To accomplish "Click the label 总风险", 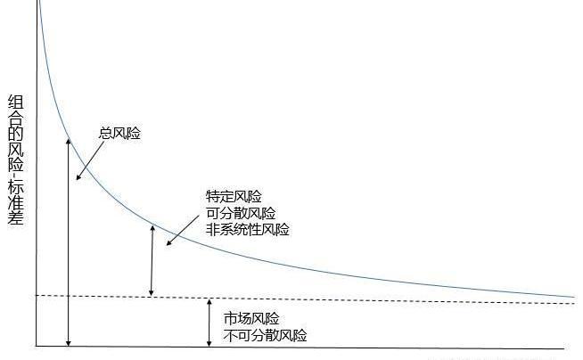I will [119, 134].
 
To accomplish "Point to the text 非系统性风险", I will [248, 229].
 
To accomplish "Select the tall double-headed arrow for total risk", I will [69, 241].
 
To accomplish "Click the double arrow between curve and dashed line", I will [152, 260].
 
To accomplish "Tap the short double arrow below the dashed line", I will [209, 323].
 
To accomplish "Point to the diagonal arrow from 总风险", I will [87, 158].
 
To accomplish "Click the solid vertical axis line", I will [37, 178].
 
